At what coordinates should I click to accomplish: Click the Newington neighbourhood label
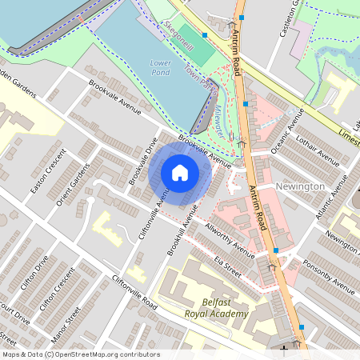click(x=299, y=186)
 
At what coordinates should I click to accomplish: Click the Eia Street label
click(x=227, y=265)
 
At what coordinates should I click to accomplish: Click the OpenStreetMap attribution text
click(x=80, y=354)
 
